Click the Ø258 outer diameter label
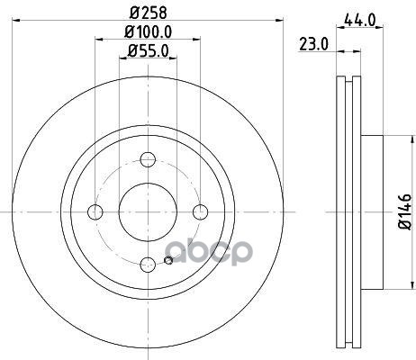tap(149, 13)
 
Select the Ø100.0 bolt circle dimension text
tap(149, 32)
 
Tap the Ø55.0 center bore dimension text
tap(148, 51)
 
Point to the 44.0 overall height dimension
tap(359, 21)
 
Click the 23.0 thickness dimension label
tap(313, 45)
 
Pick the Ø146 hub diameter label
tap(404, 211)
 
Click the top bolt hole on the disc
tap(148, 159)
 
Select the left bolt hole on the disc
tap(95, 211)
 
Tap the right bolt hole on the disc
tap(200, 211)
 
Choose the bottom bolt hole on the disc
tap(148, 264)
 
